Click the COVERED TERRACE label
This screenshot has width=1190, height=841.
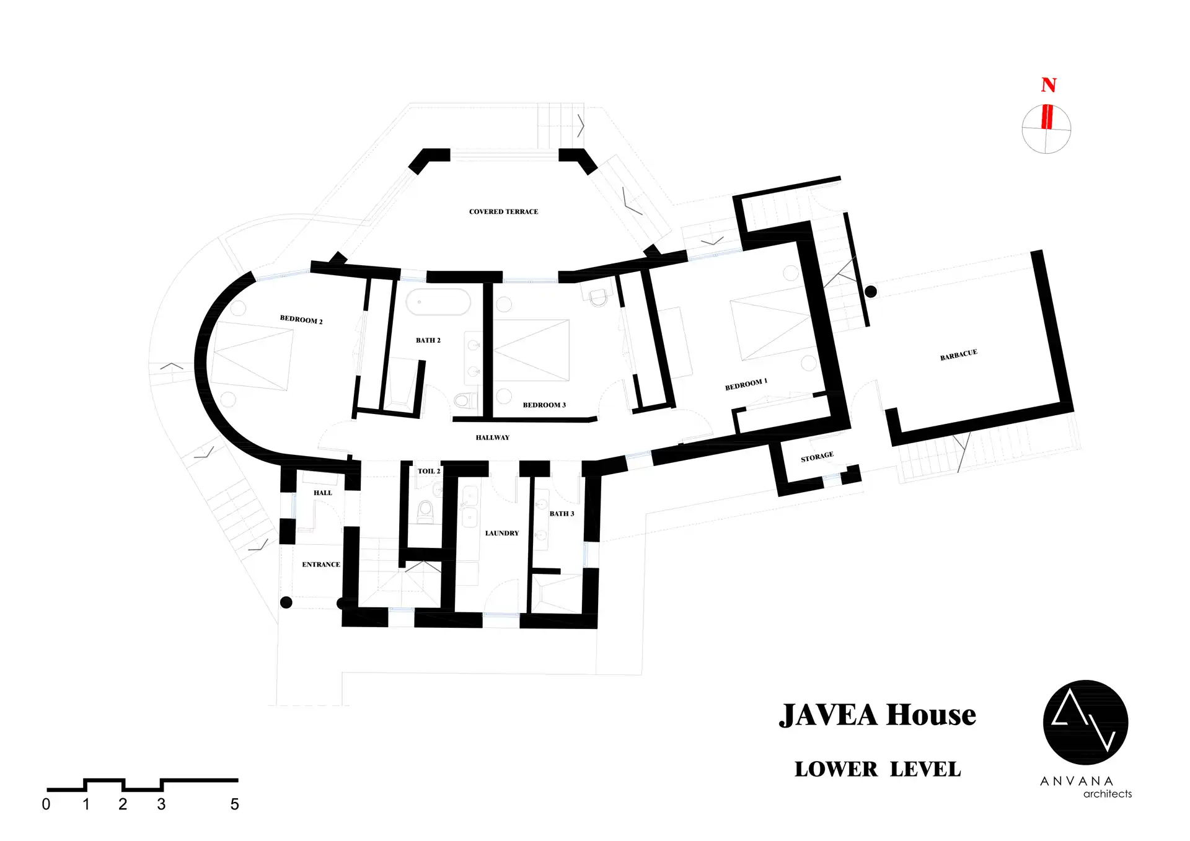coord(503,211)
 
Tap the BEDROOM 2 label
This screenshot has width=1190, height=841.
coord(301,319)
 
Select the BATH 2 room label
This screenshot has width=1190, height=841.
coord(428,340)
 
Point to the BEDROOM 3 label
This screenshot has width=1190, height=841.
coord(544,405)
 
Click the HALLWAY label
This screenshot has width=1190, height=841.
coord(493,438)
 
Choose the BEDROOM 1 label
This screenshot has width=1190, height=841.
coord(746,384)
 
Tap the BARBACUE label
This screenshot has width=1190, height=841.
coord(959,354)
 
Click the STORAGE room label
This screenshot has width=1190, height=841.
coord(817,457)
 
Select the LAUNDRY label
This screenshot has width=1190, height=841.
coord(502,533)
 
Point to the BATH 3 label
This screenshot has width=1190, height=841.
coord(562,514)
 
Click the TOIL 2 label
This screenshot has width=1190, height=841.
coord(429,471)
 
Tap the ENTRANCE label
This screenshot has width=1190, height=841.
coord(321,565)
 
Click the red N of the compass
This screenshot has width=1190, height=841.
coord(1049,85)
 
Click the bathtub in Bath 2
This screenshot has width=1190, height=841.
coord(438,302)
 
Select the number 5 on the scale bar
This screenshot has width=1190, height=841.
coord(235,804)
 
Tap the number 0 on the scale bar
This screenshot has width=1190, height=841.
coord(46,804)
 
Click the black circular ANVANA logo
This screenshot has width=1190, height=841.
coord(1085,723)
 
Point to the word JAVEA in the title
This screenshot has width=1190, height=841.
coord(829,715)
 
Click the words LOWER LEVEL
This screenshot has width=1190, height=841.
coord(878,769)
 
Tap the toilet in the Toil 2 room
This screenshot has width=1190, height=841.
coord(426,511)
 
